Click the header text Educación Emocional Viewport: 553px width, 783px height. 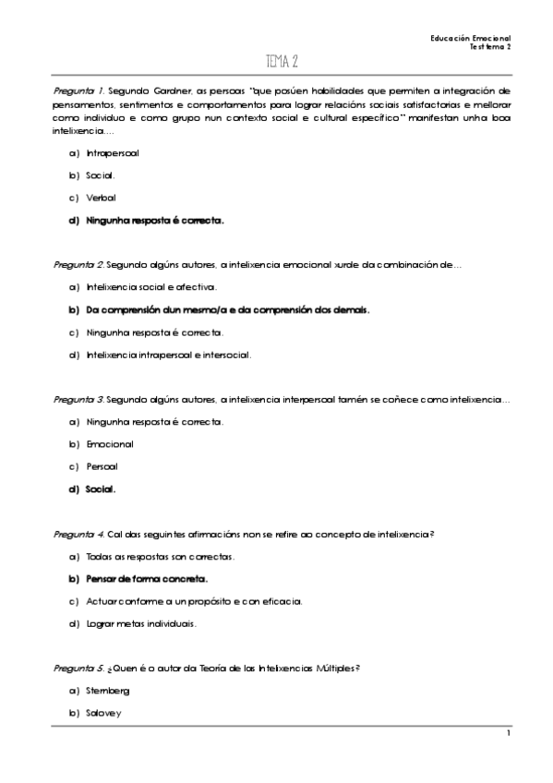[471, 38]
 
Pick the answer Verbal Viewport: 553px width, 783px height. [102, 197]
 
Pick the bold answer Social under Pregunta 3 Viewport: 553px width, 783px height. [101, 489]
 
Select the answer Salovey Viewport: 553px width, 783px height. [103, 713]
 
